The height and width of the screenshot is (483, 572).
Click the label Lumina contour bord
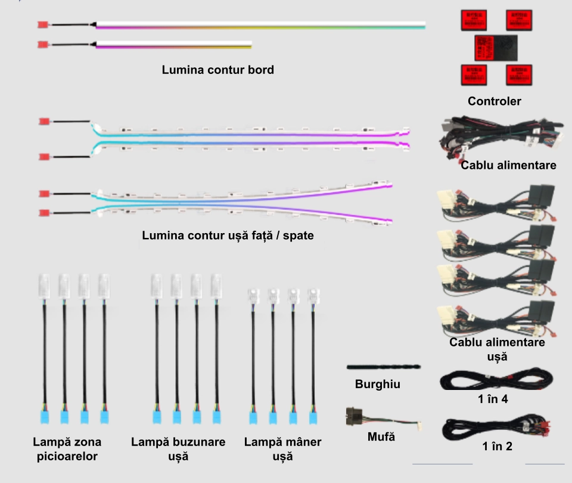coord(218,70)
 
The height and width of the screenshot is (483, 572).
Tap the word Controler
coord(494,101)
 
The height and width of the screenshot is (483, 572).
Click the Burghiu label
coord(378,385)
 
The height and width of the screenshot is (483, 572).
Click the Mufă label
coord(381,437)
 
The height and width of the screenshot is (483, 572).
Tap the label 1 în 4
coord(493,399)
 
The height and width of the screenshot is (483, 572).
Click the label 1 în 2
coord(497,446)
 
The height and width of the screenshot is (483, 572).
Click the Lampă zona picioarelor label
coord(67,449)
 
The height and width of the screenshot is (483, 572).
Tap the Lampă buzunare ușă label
coord(178,449)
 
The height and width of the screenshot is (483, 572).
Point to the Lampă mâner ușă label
coord(282,449)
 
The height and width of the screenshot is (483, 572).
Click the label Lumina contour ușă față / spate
coord(228,236)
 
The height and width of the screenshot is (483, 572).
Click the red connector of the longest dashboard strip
coord(42,25)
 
